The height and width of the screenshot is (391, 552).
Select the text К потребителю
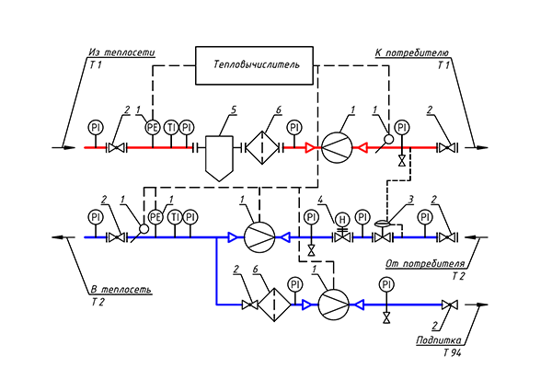(x=410, y=53)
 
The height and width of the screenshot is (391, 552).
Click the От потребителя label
(x=424, y=265)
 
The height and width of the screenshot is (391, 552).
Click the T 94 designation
(x=454, y=352)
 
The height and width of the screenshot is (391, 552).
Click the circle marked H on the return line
(x=342, y=218)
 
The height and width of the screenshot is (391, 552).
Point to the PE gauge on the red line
(x=153, y=127)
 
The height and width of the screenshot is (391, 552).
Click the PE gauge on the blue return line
(x=155, y=217)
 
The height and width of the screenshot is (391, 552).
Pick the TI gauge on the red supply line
(x=170, y=127)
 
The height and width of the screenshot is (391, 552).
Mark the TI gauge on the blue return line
(x=172, y=217)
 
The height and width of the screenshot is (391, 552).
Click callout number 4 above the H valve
(x=321, y=201)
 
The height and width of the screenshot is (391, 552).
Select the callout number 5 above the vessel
(x=234, y=109)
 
